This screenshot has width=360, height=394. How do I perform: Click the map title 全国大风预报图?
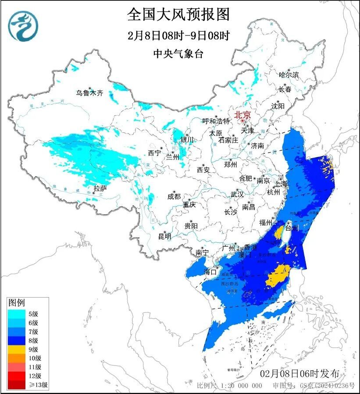coord(178,14)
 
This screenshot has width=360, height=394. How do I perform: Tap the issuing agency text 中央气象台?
coord(178,54)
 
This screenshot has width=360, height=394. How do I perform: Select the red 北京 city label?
coord(242,115)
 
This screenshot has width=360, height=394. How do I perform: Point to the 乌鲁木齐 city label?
coord(89,93)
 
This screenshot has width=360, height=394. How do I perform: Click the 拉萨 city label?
coord(100,188)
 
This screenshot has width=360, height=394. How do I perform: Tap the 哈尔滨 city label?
coord(289,75)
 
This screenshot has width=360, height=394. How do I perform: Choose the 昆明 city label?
coord(165,236)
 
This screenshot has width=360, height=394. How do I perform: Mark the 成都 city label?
coord(174,196)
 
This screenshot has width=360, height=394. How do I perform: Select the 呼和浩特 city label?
coord(216,121)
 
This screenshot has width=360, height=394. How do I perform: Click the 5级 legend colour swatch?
coord(18,313)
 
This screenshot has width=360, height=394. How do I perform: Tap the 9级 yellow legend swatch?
coord(18,349)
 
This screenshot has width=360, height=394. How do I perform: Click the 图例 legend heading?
coord(17,303)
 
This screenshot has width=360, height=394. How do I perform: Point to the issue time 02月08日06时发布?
coord(299,374)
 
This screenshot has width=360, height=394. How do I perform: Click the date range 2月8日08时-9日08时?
coord(178,35)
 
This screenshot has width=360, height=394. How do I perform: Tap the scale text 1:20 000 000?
coord(240,386)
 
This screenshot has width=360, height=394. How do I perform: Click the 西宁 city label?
coord(154,153)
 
